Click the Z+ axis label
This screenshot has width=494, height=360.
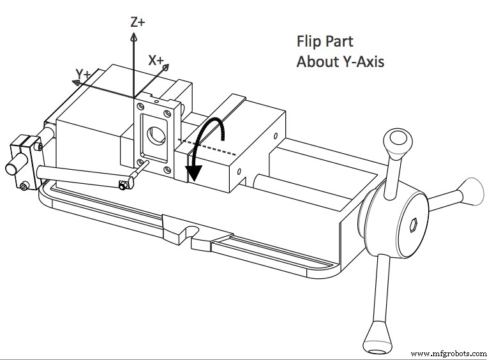coord(137,22)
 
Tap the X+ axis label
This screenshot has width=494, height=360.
coord(156,60)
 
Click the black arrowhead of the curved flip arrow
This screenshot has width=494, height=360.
coord(192,173)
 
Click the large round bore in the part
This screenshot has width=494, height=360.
coord(155,135)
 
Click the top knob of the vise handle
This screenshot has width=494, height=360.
coord(397,139)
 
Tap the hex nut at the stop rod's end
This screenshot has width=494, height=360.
coord(124,185)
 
